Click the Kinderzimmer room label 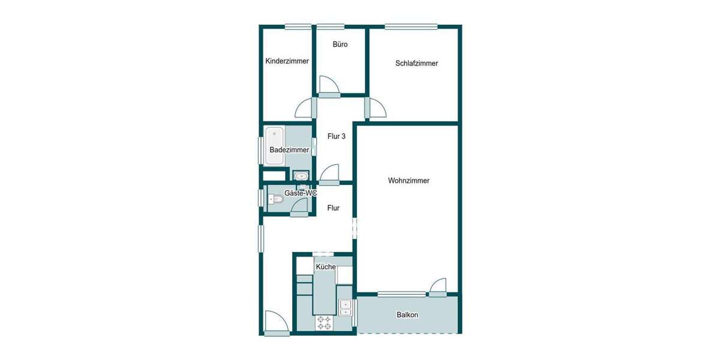[x=287, y=61]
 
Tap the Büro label [x=340, y=45]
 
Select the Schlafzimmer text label [x=416, y=64]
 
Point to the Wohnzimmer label [x=409, y=181]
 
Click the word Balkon [x=407, y=315]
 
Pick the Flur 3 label [x=336, y=137]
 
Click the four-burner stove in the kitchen [x=325, y=323]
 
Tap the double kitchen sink [x=346, y=307]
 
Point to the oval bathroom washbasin [x=300, y=176]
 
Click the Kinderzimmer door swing [x=305, y=108]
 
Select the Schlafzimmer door [x=376, y=108]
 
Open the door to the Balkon [x=438, y=287]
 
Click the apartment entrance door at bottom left [x=276, y=322]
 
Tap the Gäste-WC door [x=299, y=206]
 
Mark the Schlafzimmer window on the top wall [x=411, y=26]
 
